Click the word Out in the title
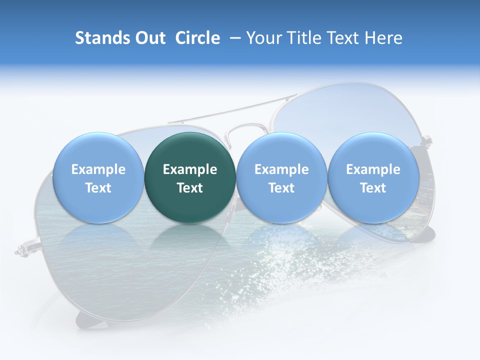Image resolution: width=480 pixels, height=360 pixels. (x=151, y=38)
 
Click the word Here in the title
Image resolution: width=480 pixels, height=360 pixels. (x=384, y=38)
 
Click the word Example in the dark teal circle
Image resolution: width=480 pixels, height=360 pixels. (x=190, y=169)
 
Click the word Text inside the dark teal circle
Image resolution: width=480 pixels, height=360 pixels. (x=190, y=188)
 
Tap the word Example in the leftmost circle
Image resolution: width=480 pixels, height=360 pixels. (x=98, y=169)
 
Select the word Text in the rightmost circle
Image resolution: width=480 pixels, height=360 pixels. (x=373, y=188)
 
